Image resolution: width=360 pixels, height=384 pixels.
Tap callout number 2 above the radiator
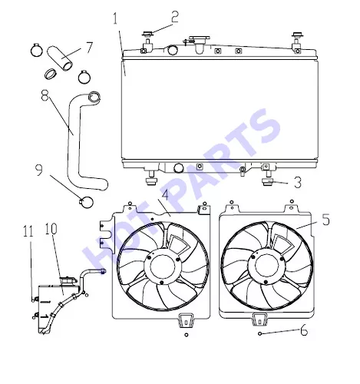[x=175, y=17]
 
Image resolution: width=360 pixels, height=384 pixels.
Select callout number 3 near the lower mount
[x=298, y=183]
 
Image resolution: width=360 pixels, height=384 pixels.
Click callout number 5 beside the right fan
[x=325, y=220]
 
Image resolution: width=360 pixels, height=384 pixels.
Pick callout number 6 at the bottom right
[x=304, y=330]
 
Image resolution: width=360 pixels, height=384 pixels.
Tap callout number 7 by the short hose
[x=89, y=48]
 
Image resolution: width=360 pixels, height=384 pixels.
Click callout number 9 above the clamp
[x=39, y=170]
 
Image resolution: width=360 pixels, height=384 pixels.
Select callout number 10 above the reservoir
[x=51, y=229]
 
